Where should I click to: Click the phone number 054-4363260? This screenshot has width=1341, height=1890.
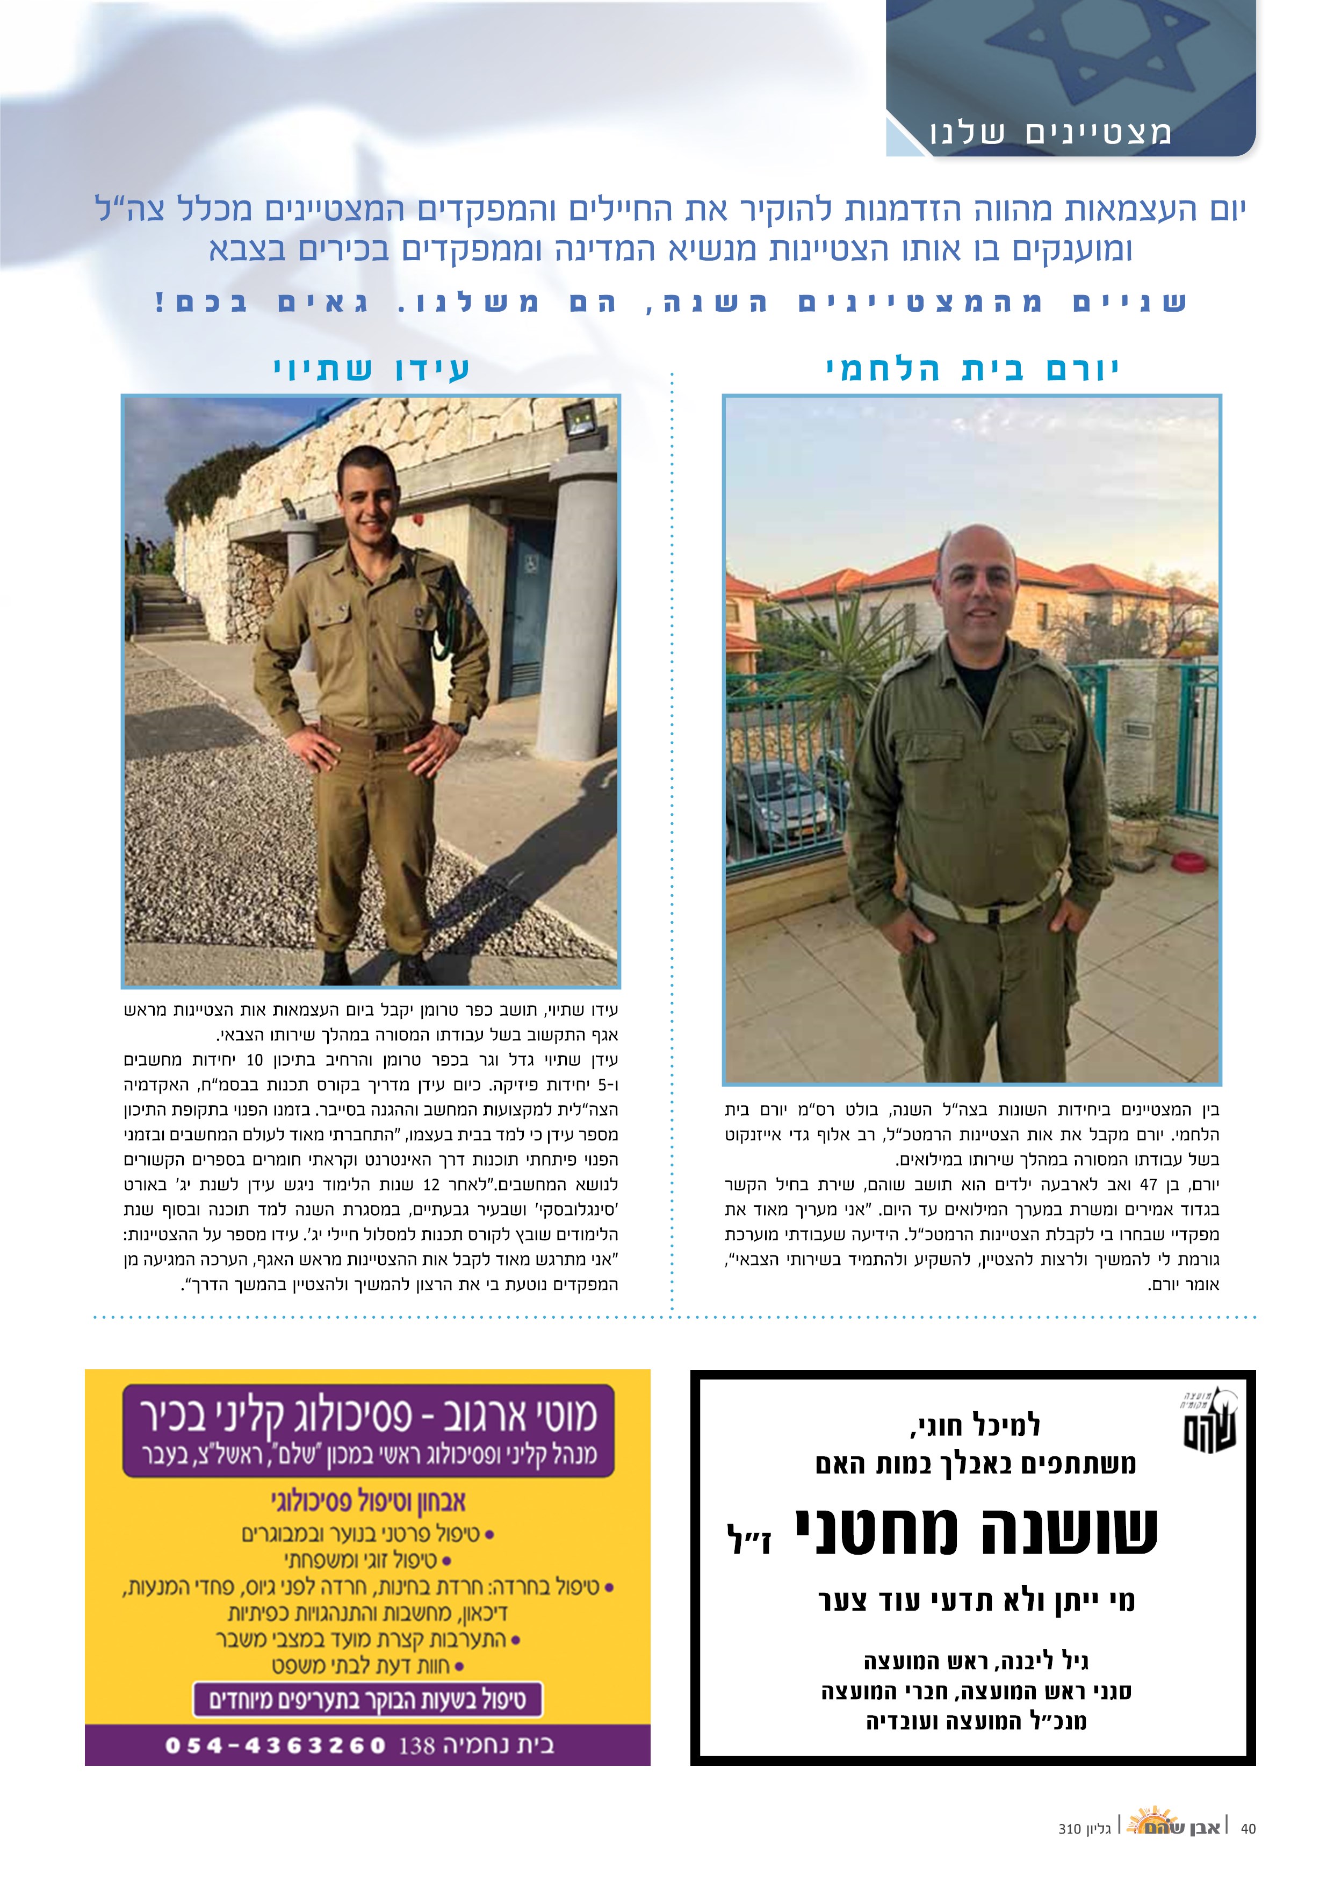click(276, 1745)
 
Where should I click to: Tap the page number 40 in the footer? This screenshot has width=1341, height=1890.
click(1248, 1851)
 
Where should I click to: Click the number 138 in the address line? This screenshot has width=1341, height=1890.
click(416, 1745)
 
